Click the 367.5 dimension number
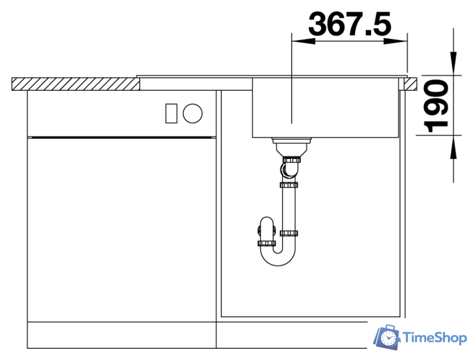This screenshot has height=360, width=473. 350,24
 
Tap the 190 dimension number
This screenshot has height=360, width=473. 436,106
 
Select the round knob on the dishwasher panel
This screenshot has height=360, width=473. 193,113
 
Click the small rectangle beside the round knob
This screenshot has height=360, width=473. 171,113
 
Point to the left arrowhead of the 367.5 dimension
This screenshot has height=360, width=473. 303,41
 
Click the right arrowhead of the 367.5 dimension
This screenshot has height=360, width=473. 395,41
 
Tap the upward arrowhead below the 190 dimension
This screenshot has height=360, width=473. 453,146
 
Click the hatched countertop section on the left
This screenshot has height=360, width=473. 75,84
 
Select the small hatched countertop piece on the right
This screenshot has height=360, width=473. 410,84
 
